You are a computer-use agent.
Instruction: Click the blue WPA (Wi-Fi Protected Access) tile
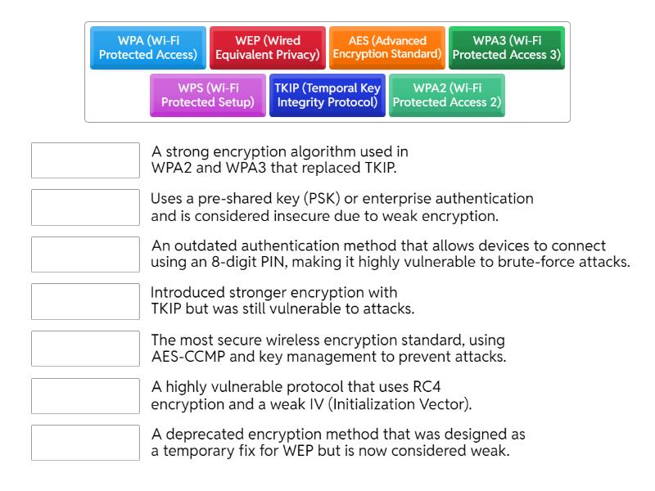(x=148, y=48)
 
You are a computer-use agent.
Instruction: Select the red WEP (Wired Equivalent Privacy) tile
(x=268, y=48)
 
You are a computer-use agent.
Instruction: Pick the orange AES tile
(x=387, y=48)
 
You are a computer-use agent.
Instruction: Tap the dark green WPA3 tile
(x=507, y=48)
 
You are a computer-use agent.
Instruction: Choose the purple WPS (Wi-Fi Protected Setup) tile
(x=208, y=95)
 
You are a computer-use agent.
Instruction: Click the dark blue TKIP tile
(x=327, y=95)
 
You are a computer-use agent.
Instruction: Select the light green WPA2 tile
(x=447, y=95)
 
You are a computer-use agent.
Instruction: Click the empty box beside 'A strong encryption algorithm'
(x=85, y=160)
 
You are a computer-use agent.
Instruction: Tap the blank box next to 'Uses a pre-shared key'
(x=85, y=207)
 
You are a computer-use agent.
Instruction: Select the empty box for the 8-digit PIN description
(x=85, y=255)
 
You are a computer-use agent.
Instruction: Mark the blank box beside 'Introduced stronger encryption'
(x=85, y=301)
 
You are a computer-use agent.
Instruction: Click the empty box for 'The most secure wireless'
(x=85, y=349)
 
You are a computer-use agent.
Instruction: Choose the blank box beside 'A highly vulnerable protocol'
(x=85, y=395)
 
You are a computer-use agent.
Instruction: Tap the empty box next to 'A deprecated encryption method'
(x=85, y=443)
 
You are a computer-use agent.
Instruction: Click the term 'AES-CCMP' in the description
(x=180, y=356)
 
